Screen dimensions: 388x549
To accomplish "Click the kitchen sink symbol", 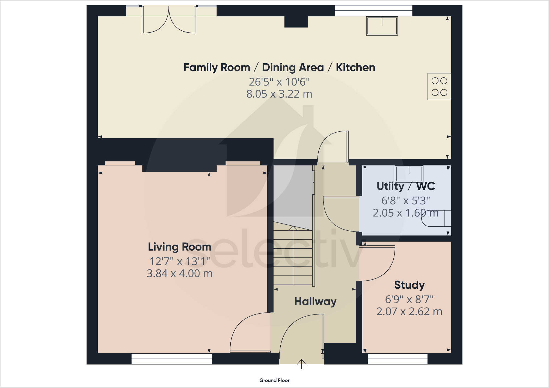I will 382,26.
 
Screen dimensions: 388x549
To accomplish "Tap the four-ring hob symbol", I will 439,86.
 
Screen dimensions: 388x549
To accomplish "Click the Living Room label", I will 179,247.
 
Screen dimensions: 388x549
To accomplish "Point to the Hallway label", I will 315,301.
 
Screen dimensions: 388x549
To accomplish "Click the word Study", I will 409,285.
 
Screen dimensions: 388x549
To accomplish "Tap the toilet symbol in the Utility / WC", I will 436,218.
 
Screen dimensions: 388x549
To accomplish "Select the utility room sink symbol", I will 409,174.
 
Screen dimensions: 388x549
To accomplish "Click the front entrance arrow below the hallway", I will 301,364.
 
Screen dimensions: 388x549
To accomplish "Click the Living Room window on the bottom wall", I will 172,359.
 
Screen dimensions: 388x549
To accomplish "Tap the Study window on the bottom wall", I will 397,359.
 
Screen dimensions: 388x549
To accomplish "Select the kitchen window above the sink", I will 373,11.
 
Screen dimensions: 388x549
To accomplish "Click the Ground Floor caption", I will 274,380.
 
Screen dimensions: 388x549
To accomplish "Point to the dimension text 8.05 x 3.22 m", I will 279,94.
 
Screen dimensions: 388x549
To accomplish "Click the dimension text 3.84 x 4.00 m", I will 179,273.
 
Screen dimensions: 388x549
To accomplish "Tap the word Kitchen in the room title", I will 355,67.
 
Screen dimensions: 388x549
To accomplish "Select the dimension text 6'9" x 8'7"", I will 409,299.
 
